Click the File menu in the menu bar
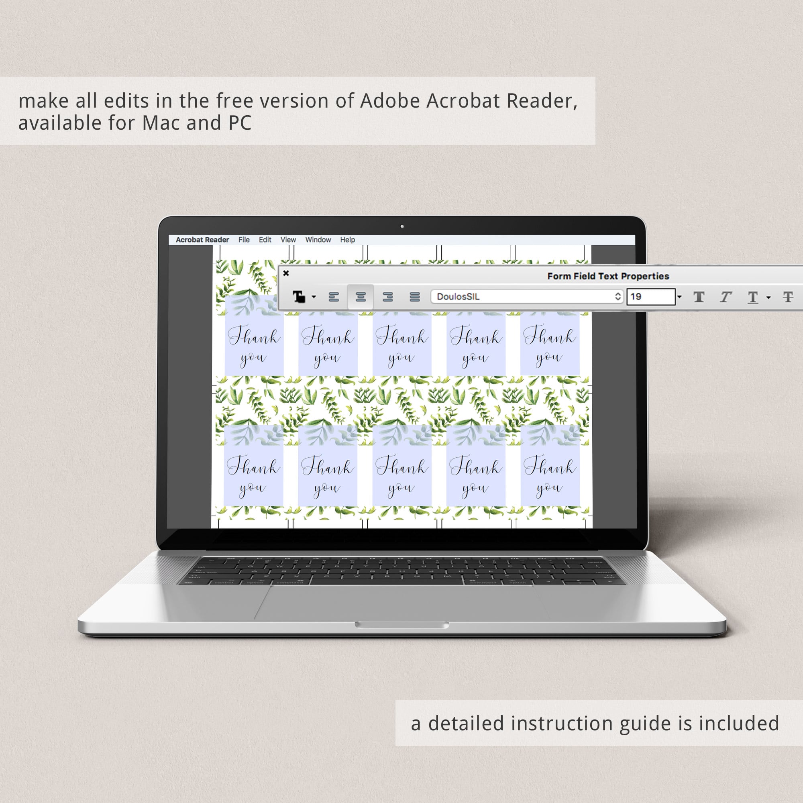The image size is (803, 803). click(244, 240)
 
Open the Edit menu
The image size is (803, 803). click(265, 240)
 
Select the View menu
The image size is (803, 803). click(288, 240)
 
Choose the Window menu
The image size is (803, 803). click(318, 240)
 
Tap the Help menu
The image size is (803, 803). click(347, 240)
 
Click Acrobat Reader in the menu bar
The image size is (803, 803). click(202, 240)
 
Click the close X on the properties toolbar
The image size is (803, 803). click(286, 273)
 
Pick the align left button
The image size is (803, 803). click(334, 297)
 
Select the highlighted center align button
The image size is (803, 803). click(361, 297)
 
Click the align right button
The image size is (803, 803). click(388, 297)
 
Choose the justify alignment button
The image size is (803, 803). click(414, 297)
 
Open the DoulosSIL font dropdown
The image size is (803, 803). click(527, 297)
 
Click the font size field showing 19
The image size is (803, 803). click(651, 297)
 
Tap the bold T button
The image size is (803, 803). click(699, 297)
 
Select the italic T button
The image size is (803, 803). click(726, 297)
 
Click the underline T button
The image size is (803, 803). click(753, 297)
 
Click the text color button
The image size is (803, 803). click(299, 297)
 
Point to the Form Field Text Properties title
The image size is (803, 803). click(608, 276)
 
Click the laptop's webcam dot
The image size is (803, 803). click(402, 226)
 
